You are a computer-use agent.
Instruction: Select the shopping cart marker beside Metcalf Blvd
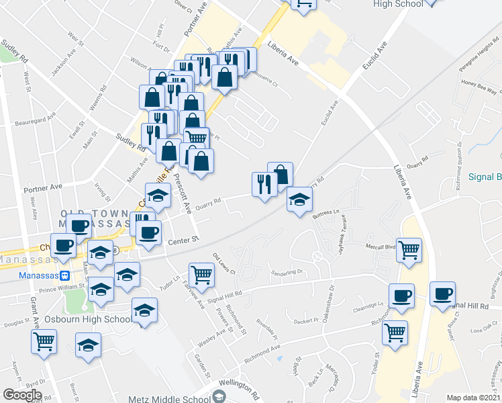point(409,251)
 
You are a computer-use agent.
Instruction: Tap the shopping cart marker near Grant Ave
point(44,341)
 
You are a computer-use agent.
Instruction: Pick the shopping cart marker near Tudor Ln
point(202,274)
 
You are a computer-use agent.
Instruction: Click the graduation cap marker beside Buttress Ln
point(300,199)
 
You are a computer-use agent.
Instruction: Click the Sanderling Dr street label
point(287,273)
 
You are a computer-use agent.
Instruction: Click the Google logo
point(22,395)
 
